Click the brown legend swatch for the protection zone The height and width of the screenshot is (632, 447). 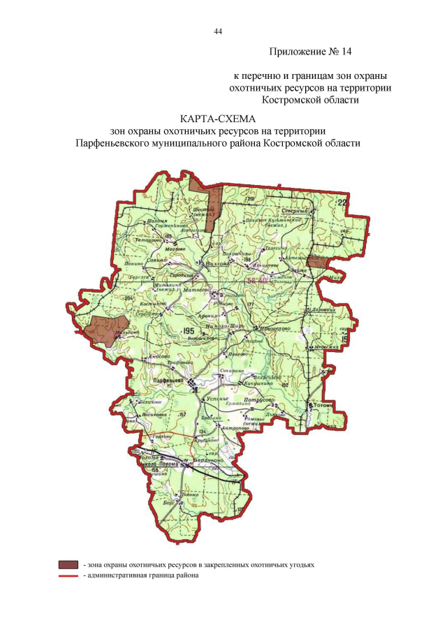(x=68, y=564)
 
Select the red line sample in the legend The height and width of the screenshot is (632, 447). (x=68, y=575)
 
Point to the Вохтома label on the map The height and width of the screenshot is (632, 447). (x=219, y=263)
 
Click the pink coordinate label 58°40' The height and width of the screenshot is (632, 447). (x=256, y=281)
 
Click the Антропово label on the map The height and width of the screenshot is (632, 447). (x=235, y=427)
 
